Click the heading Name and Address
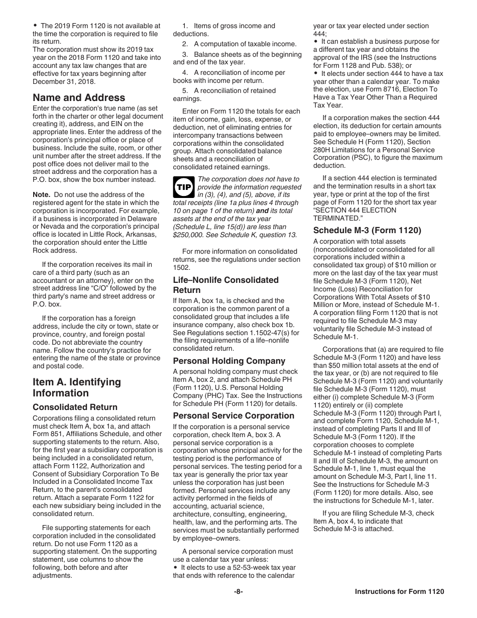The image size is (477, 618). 79,97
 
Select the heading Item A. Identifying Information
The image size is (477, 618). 77,387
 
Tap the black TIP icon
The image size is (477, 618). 182,187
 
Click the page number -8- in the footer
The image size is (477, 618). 238,591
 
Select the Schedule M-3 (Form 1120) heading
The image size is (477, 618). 367,231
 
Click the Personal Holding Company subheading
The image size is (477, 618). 229,361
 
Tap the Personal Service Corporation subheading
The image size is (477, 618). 233,416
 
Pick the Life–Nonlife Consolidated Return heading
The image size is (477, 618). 225,285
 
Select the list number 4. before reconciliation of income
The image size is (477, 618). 185,73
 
